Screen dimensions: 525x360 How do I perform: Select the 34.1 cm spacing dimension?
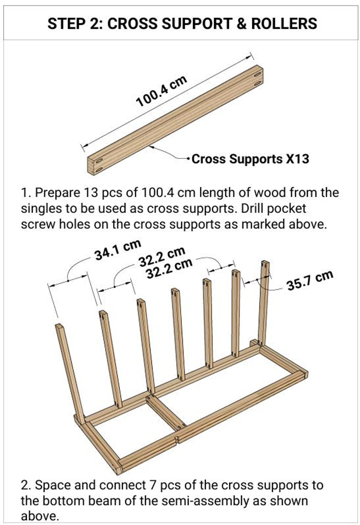[117, 250]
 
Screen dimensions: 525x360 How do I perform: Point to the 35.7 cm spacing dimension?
[310, 280]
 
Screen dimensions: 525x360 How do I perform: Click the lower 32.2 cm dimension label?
[169, 269]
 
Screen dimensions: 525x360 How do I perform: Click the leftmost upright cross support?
[70, 373]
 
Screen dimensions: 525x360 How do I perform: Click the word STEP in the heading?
[65, 24]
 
